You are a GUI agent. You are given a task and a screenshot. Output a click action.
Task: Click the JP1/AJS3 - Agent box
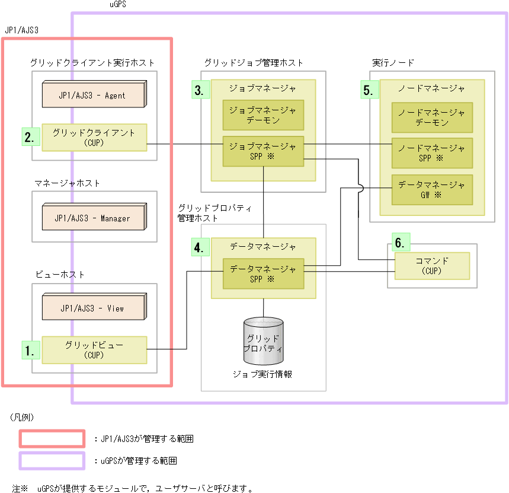[92, 95]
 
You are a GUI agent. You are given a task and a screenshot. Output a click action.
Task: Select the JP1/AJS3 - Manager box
[92, 218]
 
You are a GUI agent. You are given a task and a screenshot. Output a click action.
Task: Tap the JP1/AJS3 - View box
[92, 308]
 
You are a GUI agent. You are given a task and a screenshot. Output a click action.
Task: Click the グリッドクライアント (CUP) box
[94, 138]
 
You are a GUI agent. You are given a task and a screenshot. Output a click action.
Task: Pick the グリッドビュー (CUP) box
[94, 350]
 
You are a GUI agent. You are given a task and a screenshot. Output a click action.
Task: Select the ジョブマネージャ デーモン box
[263, 115]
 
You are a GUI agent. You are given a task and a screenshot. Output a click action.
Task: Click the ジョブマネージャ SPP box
[263, 151]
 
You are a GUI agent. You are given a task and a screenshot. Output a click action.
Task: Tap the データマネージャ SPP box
[263, 273]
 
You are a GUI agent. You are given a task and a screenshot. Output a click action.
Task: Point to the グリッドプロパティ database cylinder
[263, 341]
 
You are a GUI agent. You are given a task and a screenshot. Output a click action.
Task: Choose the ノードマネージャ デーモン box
[432, 117]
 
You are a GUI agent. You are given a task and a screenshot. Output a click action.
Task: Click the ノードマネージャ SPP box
[432, 153]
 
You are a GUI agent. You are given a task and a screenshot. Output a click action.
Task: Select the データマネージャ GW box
[432, 189]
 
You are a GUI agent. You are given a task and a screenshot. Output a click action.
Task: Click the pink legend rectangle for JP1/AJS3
[52, 439]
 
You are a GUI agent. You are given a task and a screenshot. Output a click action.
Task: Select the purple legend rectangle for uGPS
[52, 460]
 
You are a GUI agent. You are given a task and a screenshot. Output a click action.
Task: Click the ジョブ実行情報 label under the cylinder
[262, 374]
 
